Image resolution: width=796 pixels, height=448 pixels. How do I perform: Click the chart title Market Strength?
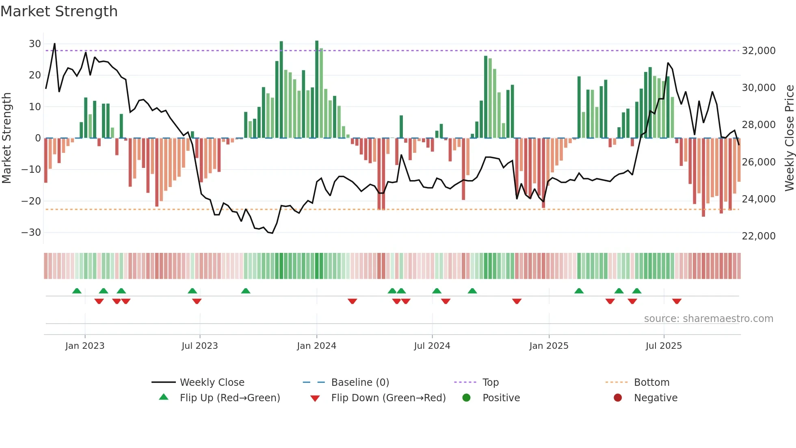[x=59, y=11]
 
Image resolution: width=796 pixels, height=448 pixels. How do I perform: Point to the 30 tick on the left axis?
[x=35, y=44]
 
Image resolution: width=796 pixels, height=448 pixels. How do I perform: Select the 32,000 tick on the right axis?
[x=758, y=51]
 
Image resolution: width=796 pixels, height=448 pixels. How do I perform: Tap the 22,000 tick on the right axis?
[x=758, y=236]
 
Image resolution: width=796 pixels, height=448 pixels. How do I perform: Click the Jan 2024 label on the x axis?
[x=316, y=346]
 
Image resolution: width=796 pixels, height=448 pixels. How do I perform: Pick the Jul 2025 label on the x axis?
[x=664, y=346]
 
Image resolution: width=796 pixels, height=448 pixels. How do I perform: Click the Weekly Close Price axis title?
[x=789, y=138]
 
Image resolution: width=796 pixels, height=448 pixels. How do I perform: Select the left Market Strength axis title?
[x=7, y=138]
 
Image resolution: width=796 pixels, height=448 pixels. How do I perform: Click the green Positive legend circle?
[x=466, y=398]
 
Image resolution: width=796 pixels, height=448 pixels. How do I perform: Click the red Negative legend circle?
[x=618, y=398]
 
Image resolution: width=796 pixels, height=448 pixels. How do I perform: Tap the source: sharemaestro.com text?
[x=708, y=319]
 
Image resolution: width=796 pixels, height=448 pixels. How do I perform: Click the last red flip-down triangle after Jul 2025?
[x=677, y=301]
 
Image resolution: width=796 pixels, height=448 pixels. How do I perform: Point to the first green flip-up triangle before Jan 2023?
[x=77, y=291]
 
